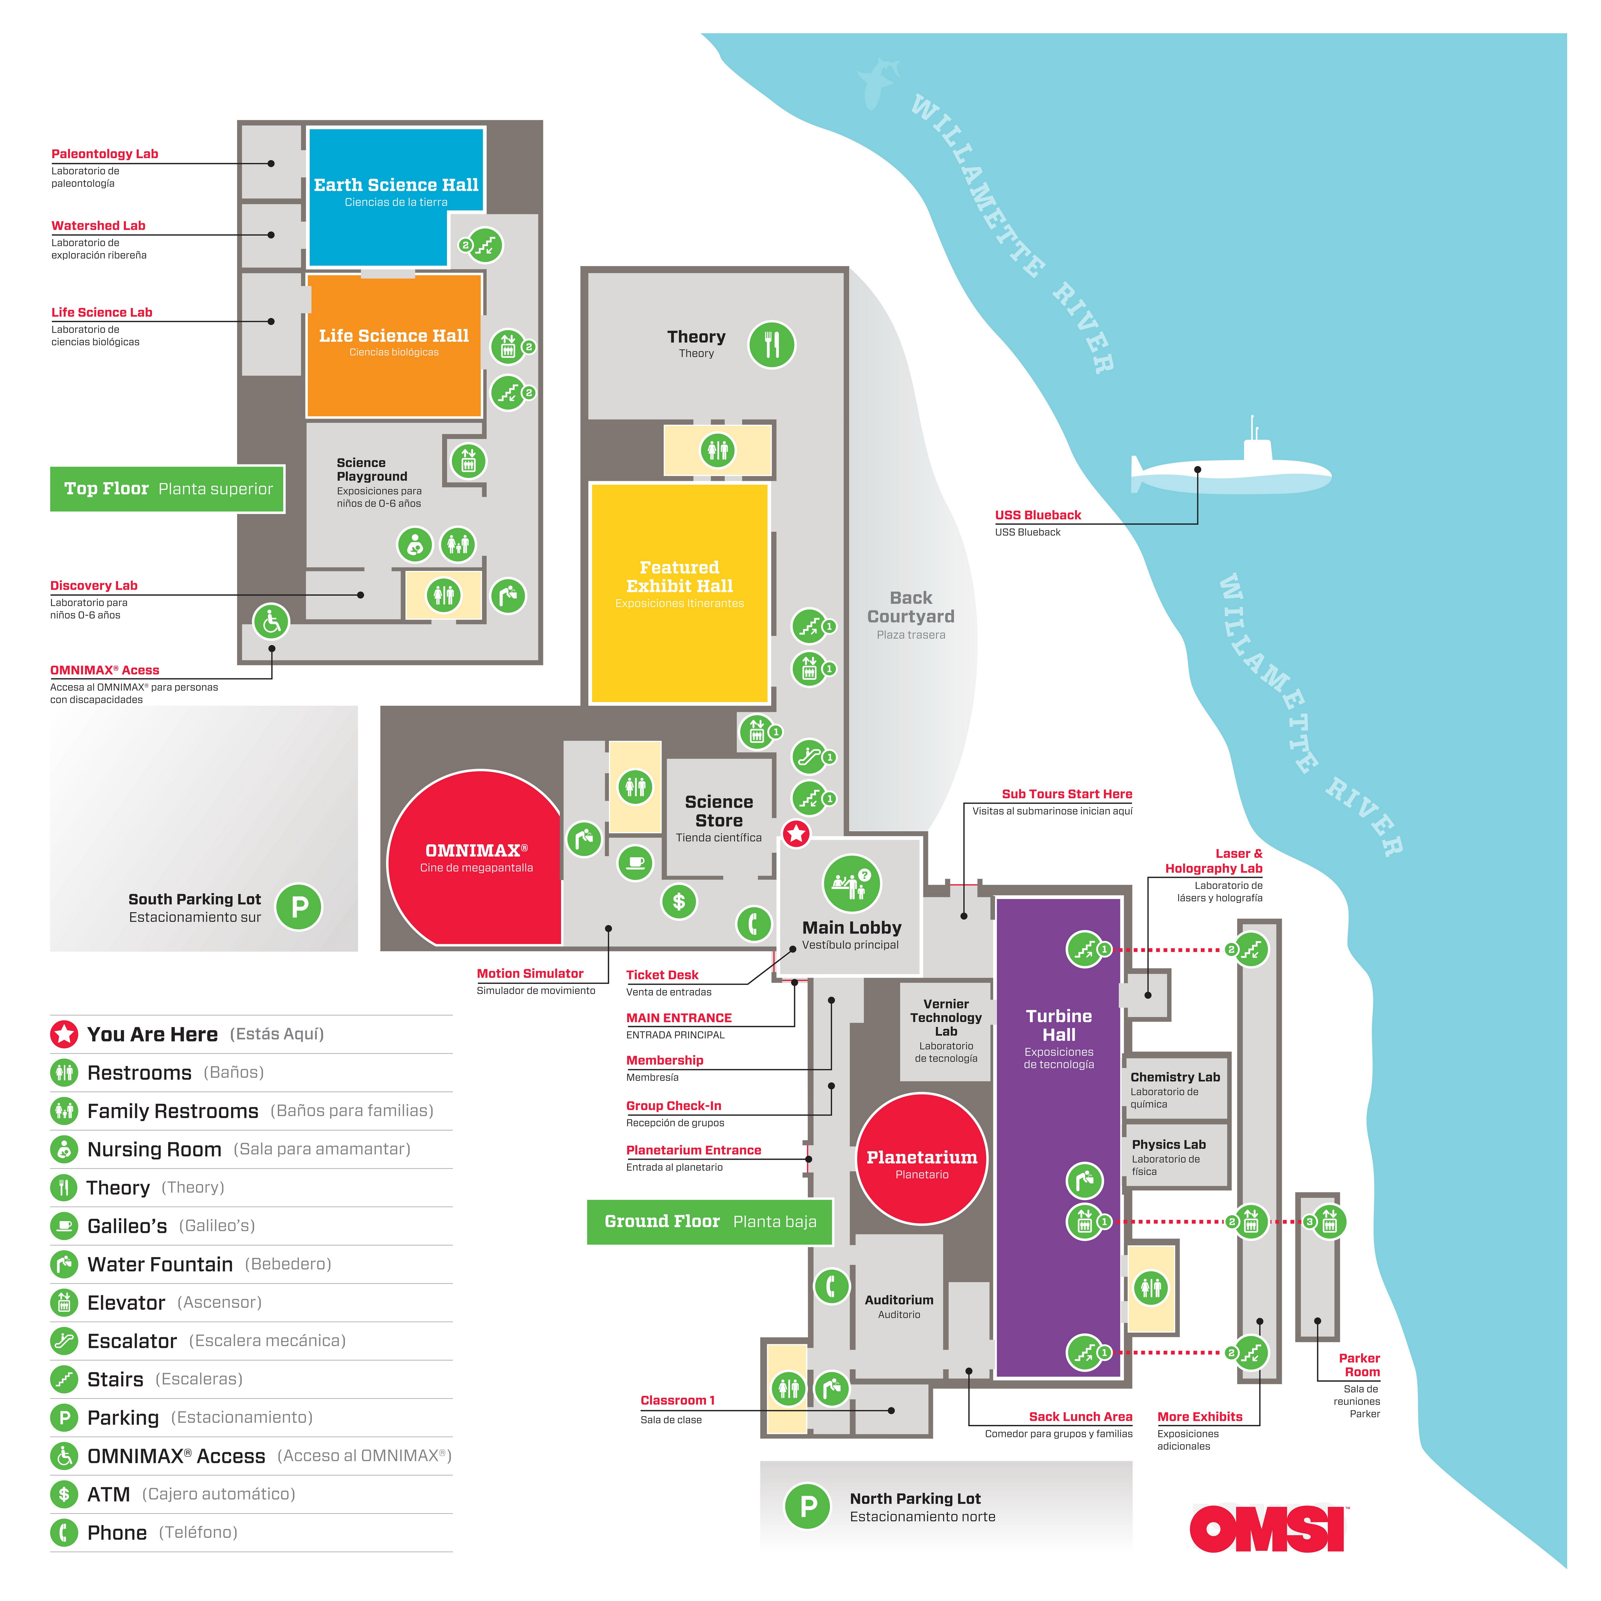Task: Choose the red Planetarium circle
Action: pyautogui.click(x=922, y=1158)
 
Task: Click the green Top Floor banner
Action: pyautogui.click(x=167, y=489)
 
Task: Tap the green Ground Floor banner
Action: pyautogui.click(x=709, y=1221)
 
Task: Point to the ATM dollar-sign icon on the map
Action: pyautogui.click(x=679, y=902)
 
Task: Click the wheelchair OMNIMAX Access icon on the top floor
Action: pyautogui.click(x=271, y=621)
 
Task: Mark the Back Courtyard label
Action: pyautogui.click(x=911, y=607)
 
